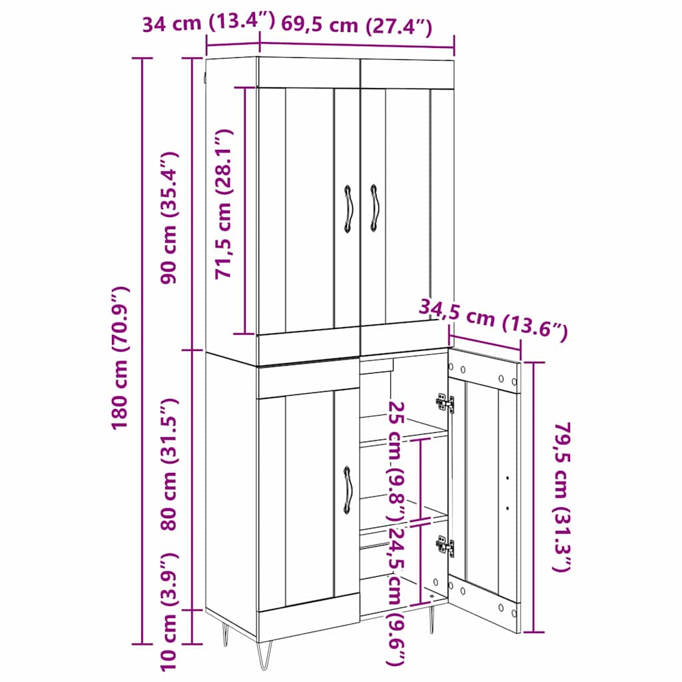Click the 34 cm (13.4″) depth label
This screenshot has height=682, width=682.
[208, 22]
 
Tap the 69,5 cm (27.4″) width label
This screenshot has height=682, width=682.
[357, 25]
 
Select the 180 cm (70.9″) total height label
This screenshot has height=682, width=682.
[121, 358]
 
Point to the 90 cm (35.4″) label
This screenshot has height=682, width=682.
[169, 218]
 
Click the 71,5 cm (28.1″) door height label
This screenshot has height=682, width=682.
[224, 204]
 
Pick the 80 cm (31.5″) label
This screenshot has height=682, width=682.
[169, 464]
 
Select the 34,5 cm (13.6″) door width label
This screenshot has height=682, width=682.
[494, 318]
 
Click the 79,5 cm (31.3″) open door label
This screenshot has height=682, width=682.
[561, 497]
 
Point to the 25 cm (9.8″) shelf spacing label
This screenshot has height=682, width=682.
[397, 462]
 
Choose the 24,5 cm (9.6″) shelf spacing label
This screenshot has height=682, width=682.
[397, 602]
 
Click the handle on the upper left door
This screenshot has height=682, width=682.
[348, 208]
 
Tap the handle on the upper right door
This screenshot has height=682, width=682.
[374, 208]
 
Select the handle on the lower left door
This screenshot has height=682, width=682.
[348, 490]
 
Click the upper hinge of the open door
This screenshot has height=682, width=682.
[445, 403]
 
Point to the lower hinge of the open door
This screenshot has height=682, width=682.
[445, 545]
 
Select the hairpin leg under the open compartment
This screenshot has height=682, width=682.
[432, 619]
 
